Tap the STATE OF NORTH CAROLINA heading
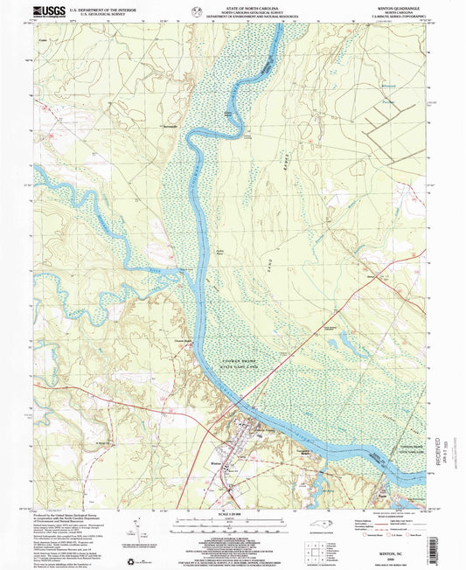click(233, 10)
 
